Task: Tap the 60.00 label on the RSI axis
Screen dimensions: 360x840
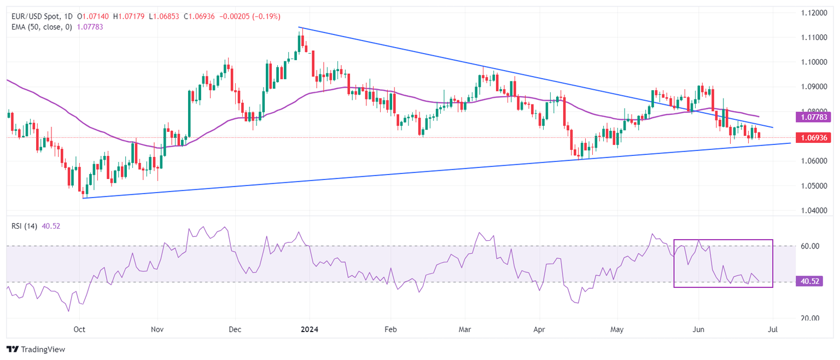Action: pos(810,246)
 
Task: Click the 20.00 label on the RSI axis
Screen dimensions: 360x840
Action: pos(810,318)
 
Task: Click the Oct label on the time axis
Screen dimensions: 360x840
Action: pos(80,329)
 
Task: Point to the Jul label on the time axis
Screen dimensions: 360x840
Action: pos(773,329)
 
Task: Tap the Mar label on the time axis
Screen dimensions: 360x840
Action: pos(465,329)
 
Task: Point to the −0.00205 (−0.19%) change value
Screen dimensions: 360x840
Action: pos(250,17)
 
